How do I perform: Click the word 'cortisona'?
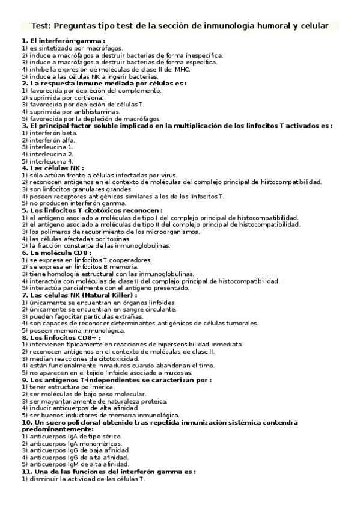[x=88, y=97]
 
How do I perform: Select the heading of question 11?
[x=109, y=472]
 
